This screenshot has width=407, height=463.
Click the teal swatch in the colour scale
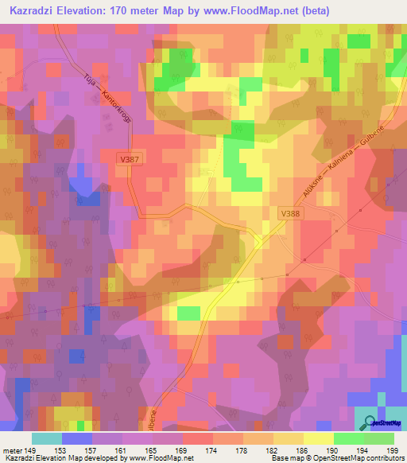pyautogui.click(x=47, y=438)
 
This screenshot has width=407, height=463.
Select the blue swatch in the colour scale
pyautogui.click(x=77, y=438)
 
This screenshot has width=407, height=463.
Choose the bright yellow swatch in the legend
pyautogui.click(x=319, y=438)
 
